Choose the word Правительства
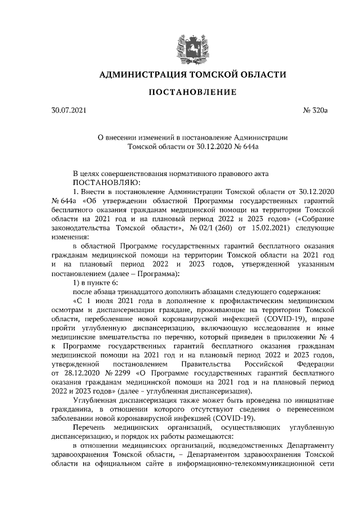pos(207,364)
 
